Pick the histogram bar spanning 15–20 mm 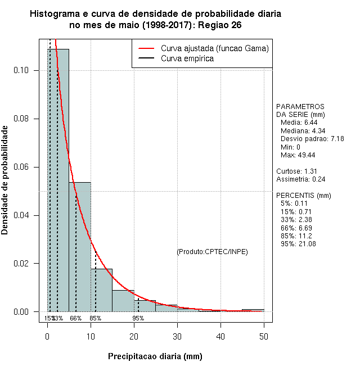click(123, 301)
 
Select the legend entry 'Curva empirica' click(187, 58)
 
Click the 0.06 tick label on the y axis click(25, 167)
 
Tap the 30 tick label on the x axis click(177, 336)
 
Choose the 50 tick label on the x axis click(264, 336)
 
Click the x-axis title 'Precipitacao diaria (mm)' click(155, 356)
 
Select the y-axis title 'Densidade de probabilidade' click(5, 180)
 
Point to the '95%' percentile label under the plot click(138, 318)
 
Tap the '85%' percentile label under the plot click(96, 318)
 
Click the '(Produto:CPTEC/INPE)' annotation click(212, 251)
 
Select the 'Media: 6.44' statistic click(299, 122)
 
